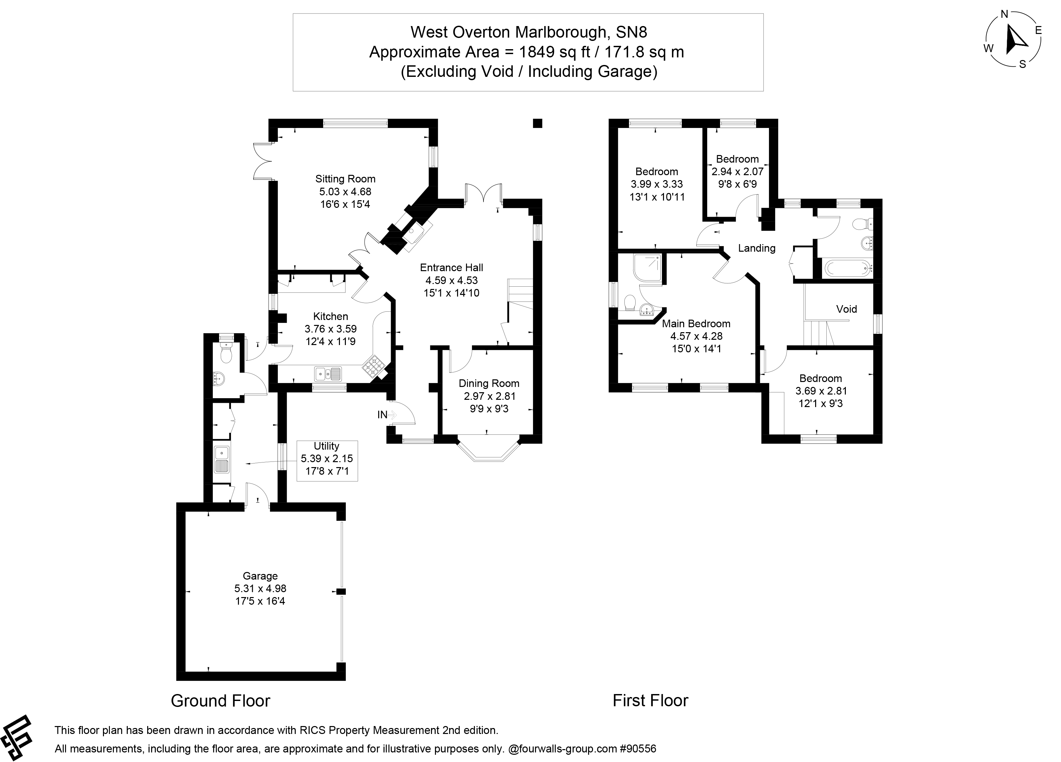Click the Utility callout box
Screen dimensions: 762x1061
point(327,460)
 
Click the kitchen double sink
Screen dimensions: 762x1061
point(327,373)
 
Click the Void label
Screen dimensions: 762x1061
point(846,309)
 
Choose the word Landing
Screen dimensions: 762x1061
point(756,248)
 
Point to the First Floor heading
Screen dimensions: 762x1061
point(650,701)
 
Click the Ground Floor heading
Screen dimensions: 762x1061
point(220,701)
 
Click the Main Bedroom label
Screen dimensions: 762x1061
point(696,324)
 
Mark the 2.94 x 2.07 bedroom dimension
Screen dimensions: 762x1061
point(737,172)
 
